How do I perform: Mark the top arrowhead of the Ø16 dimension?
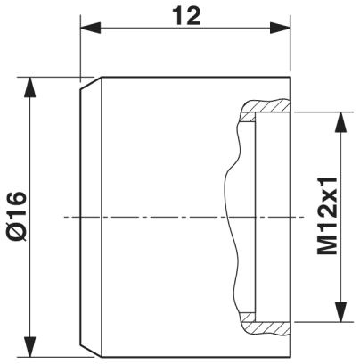coord(33,86)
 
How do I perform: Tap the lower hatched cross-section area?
coord(267,322)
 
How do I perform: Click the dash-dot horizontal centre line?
coord(178,217)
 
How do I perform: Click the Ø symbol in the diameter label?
coord(15,234)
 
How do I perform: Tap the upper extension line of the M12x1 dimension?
coord(321,112)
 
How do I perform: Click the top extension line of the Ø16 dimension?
coord(53,78)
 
